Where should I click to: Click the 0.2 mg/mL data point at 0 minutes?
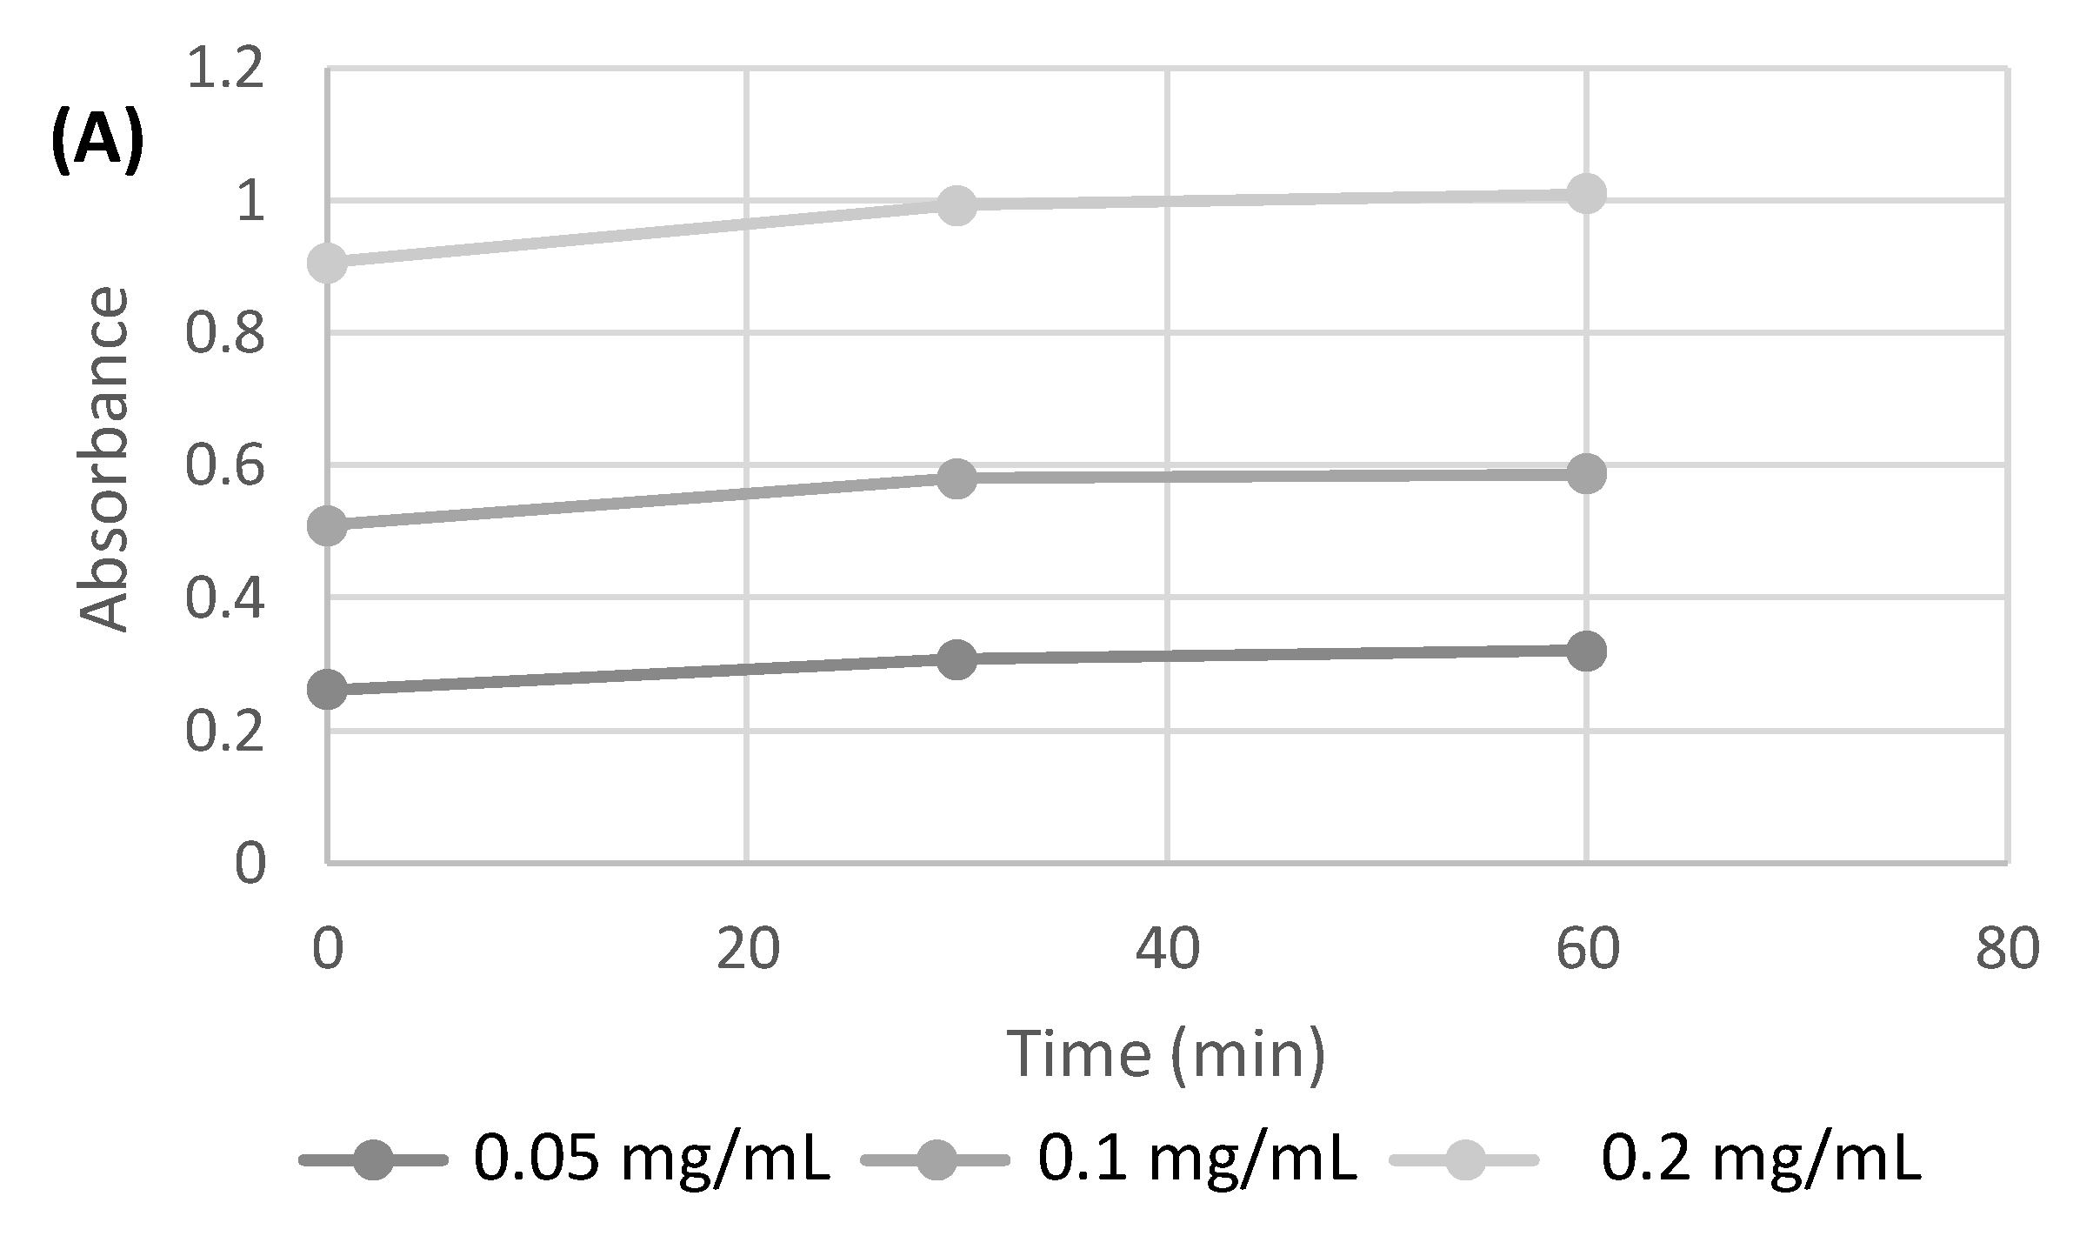(328, 263)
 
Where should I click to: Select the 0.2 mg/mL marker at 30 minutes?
(957, 205)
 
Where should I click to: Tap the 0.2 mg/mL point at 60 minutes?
(1586, 193)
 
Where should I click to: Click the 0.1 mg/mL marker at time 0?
(328, 525)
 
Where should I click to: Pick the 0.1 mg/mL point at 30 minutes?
(957, 478)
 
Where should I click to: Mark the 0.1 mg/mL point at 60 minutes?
(1586, 474)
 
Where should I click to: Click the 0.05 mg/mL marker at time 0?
(328, 691)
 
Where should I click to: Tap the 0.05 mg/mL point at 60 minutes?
(1586, 651)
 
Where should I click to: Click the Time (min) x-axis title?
(1165, 1054)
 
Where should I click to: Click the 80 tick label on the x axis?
(2007, 951)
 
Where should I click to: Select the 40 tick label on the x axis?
(1167, 951)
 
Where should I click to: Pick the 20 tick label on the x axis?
(747, 951)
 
